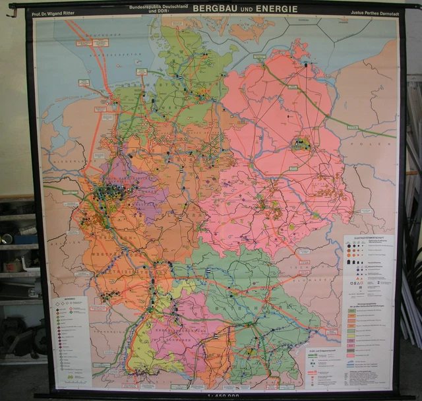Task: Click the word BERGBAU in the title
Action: click(216, 9)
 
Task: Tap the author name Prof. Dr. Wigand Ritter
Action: click(61, 12)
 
